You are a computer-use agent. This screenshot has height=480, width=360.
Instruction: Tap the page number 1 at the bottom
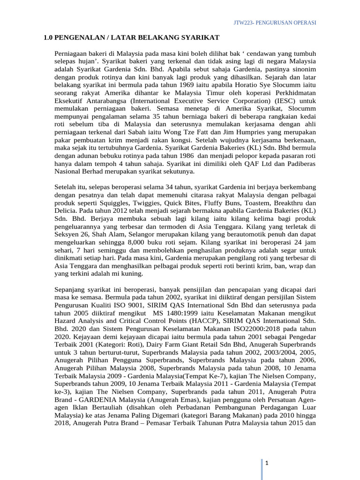[x=266, y=464]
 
